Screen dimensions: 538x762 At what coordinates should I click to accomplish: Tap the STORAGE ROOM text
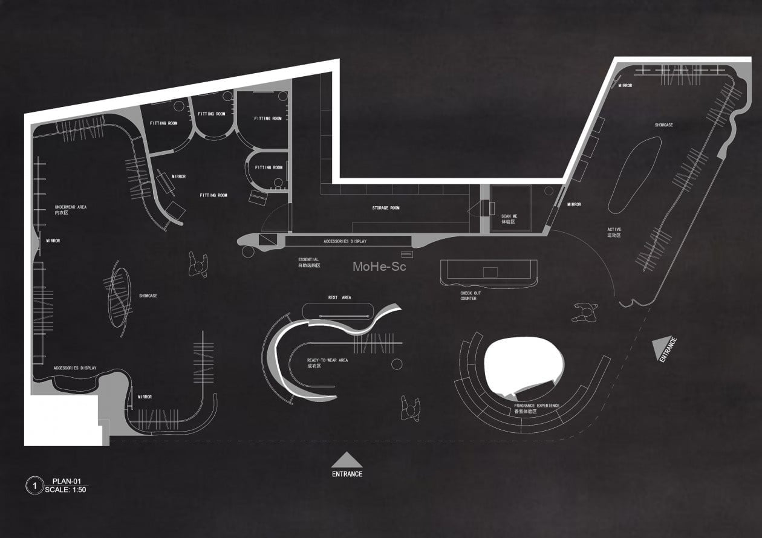pos(386,208)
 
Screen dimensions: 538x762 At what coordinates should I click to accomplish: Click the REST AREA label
pos(339,297)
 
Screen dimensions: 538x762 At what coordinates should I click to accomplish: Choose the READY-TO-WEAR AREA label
pos(327,363)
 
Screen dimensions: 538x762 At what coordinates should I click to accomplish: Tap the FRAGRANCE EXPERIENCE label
pos(536,408)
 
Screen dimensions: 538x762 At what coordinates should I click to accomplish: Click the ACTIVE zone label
pos(614,232)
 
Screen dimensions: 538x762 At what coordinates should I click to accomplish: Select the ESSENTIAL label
pos(308,262)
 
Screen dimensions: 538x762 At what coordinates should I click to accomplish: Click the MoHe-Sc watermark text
pos(379,266)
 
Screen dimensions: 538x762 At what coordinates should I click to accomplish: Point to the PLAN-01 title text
pos(66,481)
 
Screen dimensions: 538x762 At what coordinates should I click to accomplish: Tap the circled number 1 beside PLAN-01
pos(34,485)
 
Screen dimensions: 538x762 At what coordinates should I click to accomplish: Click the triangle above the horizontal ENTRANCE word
pos(347,461)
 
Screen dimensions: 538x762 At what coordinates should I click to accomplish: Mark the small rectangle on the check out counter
pos(489,272)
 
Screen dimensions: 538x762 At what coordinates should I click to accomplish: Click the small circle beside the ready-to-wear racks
pos(397,363)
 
